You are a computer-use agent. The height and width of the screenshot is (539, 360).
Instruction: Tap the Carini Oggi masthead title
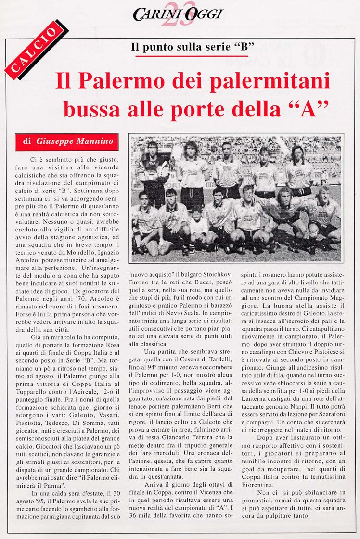(178, 14)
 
